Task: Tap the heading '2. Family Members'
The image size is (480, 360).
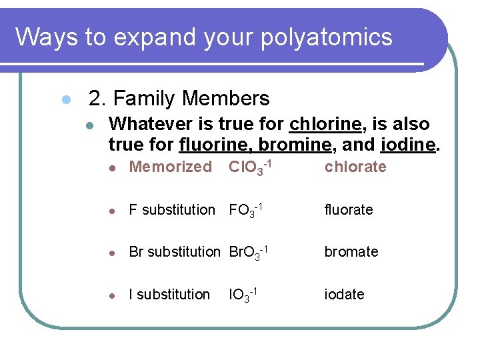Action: point(179,99)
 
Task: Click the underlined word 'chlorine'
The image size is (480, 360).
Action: point(326,124)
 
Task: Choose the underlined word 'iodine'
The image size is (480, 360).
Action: point(408,144)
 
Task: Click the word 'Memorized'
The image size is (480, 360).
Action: point(170,167)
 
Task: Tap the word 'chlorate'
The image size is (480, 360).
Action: point(355,167)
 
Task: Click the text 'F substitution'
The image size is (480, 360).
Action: point(172,209)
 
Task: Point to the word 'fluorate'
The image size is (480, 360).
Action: point(349,209)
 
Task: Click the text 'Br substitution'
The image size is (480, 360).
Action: point(174,251)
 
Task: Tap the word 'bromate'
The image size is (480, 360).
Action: point(351,251)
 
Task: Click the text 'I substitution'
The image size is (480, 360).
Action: point(169,294)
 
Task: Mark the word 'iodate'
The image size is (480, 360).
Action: point(345,294)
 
